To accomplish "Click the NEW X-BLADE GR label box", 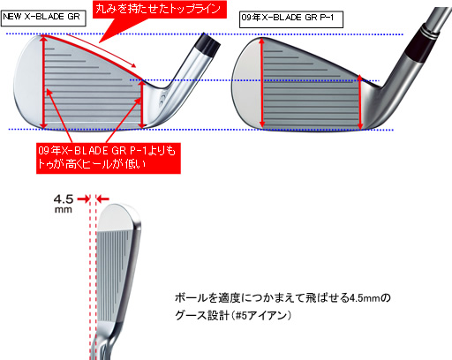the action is [x=43, y=19].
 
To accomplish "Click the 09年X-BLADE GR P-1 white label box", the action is [x=291, y=19].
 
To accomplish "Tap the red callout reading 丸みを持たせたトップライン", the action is [x=159, y=10].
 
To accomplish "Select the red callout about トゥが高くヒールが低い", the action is [x=109, y=158].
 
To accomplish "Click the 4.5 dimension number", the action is [x=64, y=199].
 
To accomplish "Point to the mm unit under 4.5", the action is [x=64, y=210].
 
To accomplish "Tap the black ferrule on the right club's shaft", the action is [x=422, y=41].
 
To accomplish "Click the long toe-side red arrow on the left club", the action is [x=44, y=82].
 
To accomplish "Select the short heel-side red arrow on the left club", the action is [x=142, y=104].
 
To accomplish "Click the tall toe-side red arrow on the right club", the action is [x=261, y=83].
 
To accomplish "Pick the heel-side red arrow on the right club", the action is [x=360, y=102].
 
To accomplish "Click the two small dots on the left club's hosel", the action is [x=162, y=100].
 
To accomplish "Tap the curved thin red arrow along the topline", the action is [x=102, y=50].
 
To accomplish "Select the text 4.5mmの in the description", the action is [x=370, y=298].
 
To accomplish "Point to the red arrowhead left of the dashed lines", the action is [x=84, y=199].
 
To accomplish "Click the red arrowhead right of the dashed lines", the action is [x=102, y=199].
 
